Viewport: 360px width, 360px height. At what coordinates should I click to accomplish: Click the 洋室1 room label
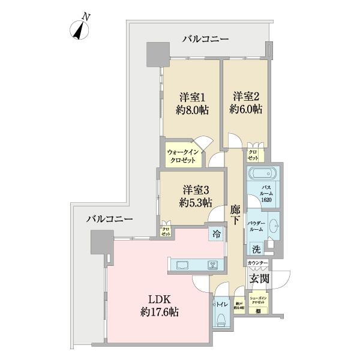191,103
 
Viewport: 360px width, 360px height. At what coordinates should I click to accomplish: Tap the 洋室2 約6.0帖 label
246,103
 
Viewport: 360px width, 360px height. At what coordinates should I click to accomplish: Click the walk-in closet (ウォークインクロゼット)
184,157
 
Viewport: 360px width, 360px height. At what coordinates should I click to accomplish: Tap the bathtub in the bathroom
261,176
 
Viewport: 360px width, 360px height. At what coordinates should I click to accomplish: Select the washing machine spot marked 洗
256,249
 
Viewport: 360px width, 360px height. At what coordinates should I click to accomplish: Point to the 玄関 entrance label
259,278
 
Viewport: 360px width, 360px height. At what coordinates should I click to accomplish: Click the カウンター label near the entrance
257,263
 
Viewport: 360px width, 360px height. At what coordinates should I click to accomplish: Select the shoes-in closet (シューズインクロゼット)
259,304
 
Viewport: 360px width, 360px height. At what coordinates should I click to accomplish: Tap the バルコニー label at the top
205,39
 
